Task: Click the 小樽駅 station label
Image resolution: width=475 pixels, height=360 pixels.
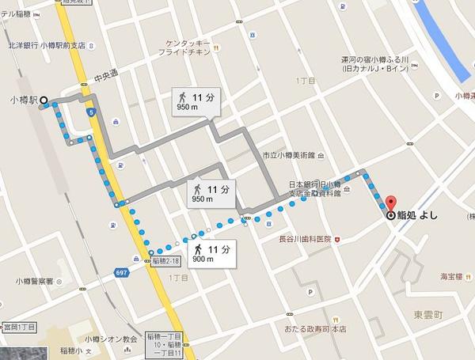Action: tap(23, 100)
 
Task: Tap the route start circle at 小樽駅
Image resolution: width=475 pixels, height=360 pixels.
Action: tap(44, 100)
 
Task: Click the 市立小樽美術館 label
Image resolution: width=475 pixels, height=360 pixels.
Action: tap(288, 156)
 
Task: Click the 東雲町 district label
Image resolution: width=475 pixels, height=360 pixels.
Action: tap(427, 313)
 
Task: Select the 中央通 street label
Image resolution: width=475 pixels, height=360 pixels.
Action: tap(105, 78)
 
